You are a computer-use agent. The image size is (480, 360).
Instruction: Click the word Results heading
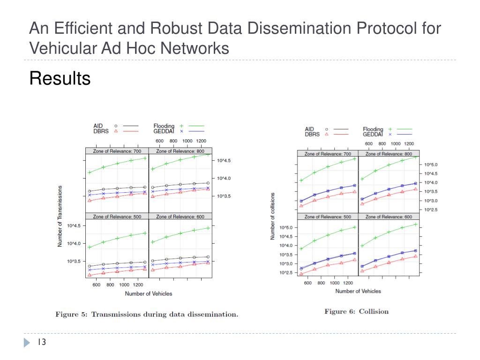pyautogui.click(x=60, y=78)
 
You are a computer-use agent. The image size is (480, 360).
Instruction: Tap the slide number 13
pyautogui.click(x=41, y=343)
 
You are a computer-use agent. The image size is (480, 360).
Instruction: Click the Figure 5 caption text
pyautogui.click(x=147, y=314)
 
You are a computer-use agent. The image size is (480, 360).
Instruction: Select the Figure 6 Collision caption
pyautogui.click(x=356, y=311)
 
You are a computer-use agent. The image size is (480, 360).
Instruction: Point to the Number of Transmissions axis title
pyautogui.click(x=60, y=216)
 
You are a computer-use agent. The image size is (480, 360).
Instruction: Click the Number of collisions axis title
pyautogui.click(x=272, y=216)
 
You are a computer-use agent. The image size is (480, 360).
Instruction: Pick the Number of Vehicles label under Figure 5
pyautogui.click(x=148, y=293)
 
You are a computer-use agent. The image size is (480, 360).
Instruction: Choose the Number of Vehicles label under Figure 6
pyautogui.click(x=358, y=291)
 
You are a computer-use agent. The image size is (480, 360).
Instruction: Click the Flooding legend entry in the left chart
pyautogui.click(x=164, y=126)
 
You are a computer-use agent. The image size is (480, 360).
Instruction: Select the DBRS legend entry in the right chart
pyautogui.click(x=312, y=134)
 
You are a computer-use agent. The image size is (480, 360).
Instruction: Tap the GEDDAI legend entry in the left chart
pyautogui.click(x=164, y=131)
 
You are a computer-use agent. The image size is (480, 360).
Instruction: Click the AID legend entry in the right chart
pyautogui.click(x=309, y=129)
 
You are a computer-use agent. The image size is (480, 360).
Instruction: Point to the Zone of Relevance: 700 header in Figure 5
pyautogui.click(x=117, y=151)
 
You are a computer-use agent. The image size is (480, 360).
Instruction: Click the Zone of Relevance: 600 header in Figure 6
pyautogui.click(x=389, y=217)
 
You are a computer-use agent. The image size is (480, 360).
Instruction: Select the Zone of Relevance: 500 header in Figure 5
pyautogui.click(x=117, y=217)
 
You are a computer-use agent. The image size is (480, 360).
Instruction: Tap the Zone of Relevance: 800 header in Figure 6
pyautogui.click(x=389, y=154)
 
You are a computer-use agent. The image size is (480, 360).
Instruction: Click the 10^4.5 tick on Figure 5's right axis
pyautogui.click(x=224, y=160)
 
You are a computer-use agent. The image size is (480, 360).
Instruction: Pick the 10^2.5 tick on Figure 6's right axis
pyautogui.click(x=431, y=210)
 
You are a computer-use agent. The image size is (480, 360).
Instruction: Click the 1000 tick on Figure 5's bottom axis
pyautogui.click(x=124, y=285)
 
